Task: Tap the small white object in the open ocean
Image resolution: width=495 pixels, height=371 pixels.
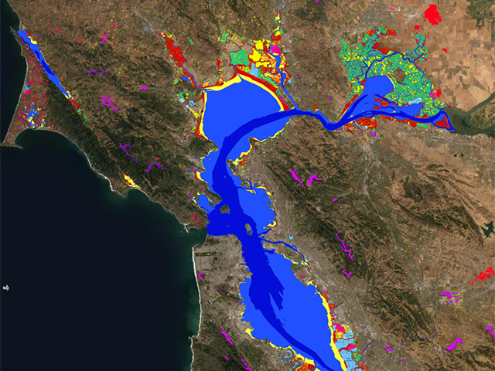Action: click(x=5, y=288)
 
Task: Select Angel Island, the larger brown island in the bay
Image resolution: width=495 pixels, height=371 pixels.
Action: click(x=224, y=209)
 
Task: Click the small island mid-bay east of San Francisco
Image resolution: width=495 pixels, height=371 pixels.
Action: click(x=247, y=230)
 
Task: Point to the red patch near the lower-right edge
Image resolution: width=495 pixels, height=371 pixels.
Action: click(x=483, y=274)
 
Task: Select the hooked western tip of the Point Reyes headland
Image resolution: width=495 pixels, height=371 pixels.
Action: click(x=6, y=142)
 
